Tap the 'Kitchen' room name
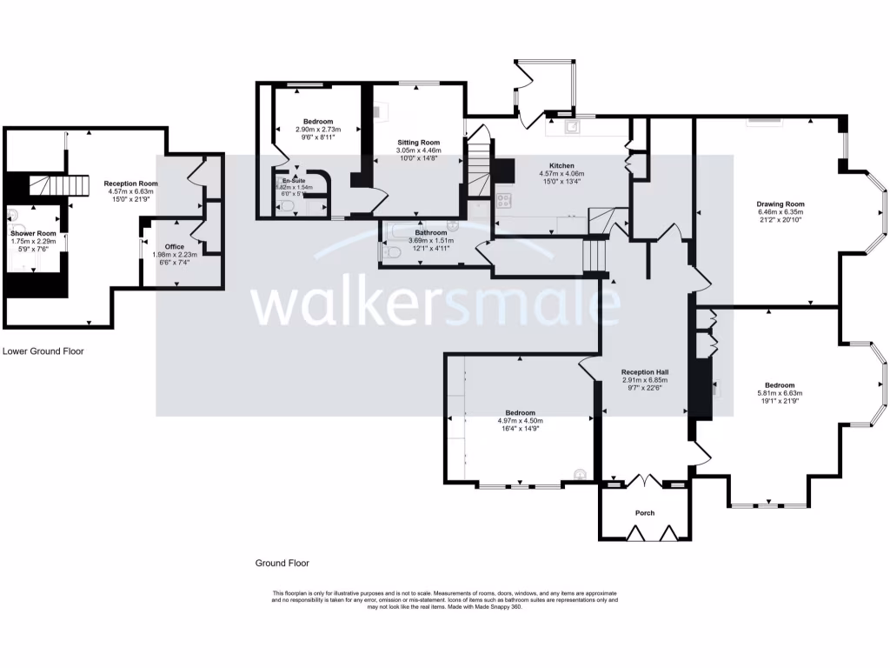click(x=561, y=165)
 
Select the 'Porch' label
click(x=645, y=513)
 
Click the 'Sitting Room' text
click(x=418, y=142)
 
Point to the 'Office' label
click(x=175, y=246)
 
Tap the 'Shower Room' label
click(x=34, y=233)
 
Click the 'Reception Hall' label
click(x=643, y=372)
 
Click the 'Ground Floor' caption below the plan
click(x=282, y=563)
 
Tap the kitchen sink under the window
click(x=573, y=127)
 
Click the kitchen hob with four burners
click(x=503, y=200)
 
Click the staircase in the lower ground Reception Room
click(x=61, y=184)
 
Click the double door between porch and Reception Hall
click(x=644, y=480)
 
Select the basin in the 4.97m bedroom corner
click(x=580, y=473)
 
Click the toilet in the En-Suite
click(x=287, y=207)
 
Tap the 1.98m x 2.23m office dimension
click(x=175, y=255)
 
